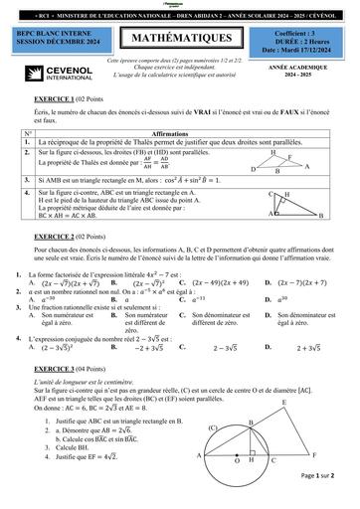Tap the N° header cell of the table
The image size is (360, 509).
27,132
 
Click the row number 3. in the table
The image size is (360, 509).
27,181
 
